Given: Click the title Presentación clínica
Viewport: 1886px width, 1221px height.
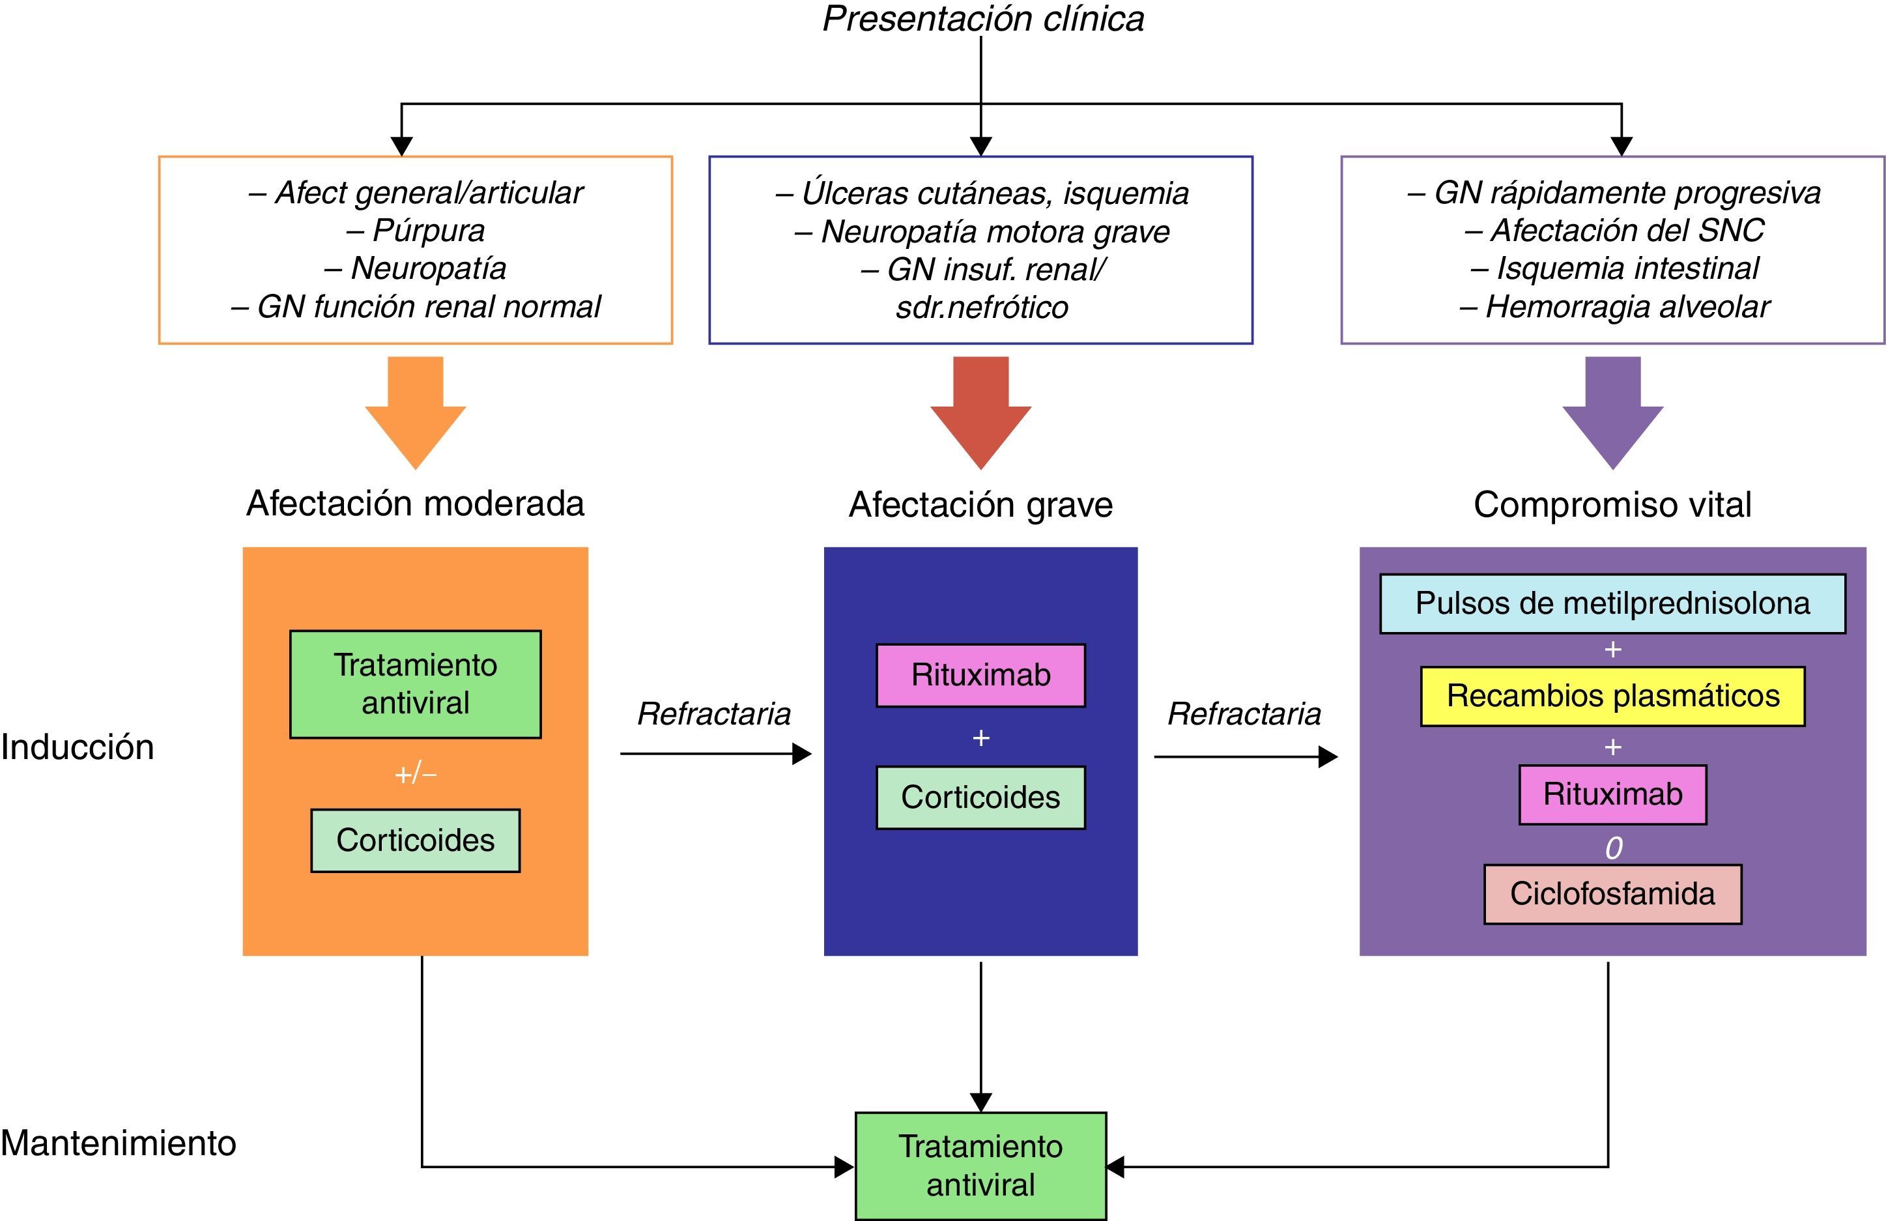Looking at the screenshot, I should [x=982, y=19].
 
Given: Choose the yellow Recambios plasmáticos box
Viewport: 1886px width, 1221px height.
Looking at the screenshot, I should [x=1612, y=697].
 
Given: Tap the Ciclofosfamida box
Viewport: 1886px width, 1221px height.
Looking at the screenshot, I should [x=1612, y=894].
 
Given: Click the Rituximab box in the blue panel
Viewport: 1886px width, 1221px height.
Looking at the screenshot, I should [x=980, y=675].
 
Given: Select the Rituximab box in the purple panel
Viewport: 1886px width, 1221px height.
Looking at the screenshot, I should [x=1612, y=794].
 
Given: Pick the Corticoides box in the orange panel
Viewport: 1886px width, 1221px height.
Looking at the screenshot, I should [x=415, y=840].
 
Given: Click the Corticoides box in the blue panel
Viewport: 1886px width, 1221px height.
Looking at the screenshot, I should [x=980, y=797].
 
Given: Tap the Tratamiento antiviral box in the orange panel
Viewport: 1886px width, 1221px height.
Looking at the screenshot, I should [x=415, y=683].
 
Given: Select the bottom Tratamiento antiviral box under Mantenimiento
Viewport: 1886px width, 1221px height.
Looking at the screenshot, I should [x=980, y=1166].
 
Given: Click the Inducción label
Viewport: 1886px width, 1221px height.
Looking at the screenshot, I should [x=78, y=747].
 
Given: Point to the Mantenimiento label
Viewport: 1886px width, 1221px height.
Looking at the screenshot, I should [x=118, y=1143].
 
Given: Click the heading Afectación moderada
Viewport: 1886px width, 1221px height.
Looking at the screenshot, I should [x=415, y=504].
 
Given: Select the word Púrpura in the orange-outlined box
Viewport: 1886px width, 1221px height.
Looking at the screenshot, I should [x=429, y=231].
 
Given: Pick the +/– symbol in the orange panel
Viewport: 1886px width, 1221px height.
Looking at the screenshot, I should [x=415, y=773].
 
